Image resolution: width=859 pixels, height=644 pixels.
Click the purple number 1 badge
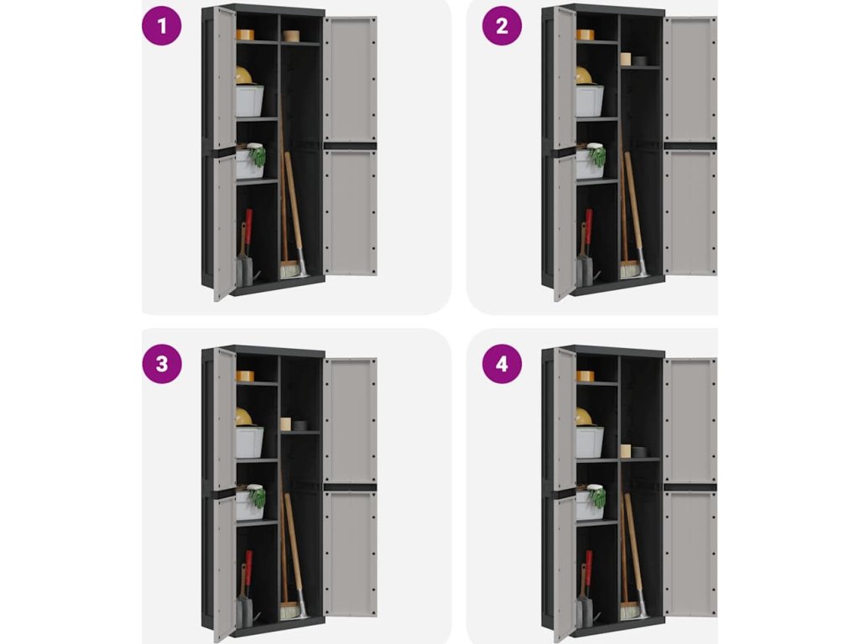tap(162, 25)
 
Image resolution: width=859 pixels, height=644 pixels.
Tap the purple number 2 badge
tap(502, 25)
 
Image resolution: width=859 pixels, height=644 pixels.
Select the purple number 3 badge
tap(162, 364)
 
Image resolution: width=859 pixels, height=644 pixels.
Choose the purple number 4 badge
tap(502, 364)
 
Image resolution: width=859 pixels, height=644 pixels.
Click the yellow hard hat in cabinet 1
tap(244, 75)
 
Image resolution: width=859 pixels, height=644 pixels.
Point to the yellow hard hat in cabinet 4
tap(585, 417)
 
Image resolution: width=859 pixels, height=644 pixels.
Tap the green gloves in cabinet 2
tap(597, 155)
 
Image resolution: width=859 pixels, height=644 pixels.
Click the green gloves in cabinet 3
tap(258, 496)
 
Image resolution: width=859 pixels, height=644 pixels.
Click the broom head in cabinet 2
tap(630, 270)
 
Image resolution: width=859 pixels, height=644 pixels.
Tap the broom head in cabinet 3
tap(289, 611)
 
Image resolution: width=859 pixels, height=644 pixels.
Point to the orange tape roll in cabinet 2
tap(585, 34)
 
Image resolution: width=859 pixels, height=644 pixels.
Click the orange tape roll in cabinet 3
tap(245, 377)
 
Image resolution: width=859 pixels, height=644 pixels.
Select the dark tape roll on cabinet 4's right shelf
tap(638, 452)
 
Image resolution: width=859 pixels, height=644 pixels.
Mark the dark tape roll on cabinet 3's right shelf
tap(299, 425)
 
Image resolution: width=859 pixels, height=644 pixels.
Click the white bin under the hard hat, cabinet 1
tap(250, 101)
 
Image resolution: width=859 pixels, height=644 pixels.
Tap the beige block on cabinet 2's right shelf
tap(626, 60)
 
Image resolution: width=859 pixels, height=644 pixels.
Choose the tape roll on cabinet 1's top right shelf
tap(291, 35)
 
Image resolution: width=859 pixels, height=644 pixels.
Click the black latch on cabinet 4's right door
tap(690, 487)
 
